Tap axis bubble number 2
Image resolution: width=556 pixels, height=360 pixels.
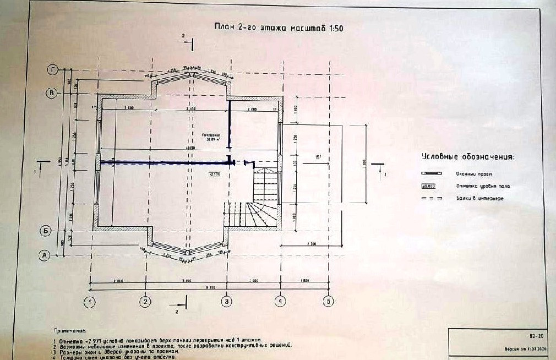tap(145, 301)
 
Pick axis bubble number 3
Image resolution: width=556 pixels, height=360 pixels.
tap(226, 301)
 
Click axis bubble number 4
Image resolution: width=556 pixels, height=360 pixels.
tap(280, 301)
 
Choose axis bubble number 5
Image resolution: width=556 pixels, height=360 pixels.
tap(329, 301)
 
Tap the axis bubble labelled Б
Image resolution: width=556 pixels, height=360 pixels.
tap(47, 231)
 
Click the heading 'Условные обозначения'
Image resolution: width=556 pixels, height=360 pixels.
tap(468, 156)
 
